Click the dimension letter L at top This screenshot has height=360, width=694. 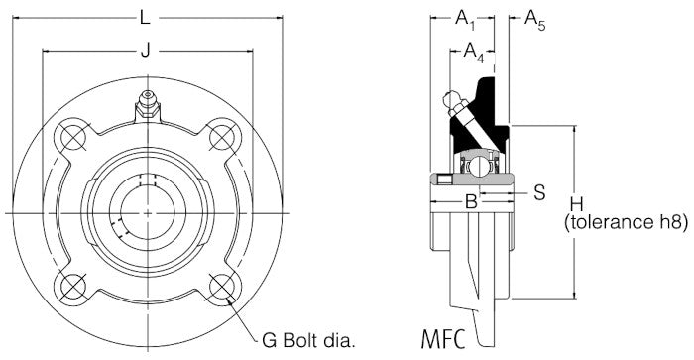pyautogui.click(x=145, y=18)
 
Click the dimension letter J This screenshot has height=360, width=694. pyautogui.click(x=145, y=52)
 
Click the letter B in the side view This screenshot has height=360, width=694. pyautogui.click(x=472, y=203)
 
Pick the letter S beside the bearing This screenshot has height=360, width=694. pyautogui.click(x=538, y=191)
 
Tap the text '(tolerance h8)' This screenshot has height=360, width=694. pyautogui.click(x=625, y=223)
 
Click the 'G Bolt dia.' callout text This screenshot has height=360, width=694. pyautogui.click(x=308, y=340)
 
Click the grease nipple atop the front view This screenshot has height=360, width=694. pyautogui.click(x=147, y=102)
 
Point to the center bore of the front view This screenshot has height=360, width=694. pyautogui.click(x=147, y=212)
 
